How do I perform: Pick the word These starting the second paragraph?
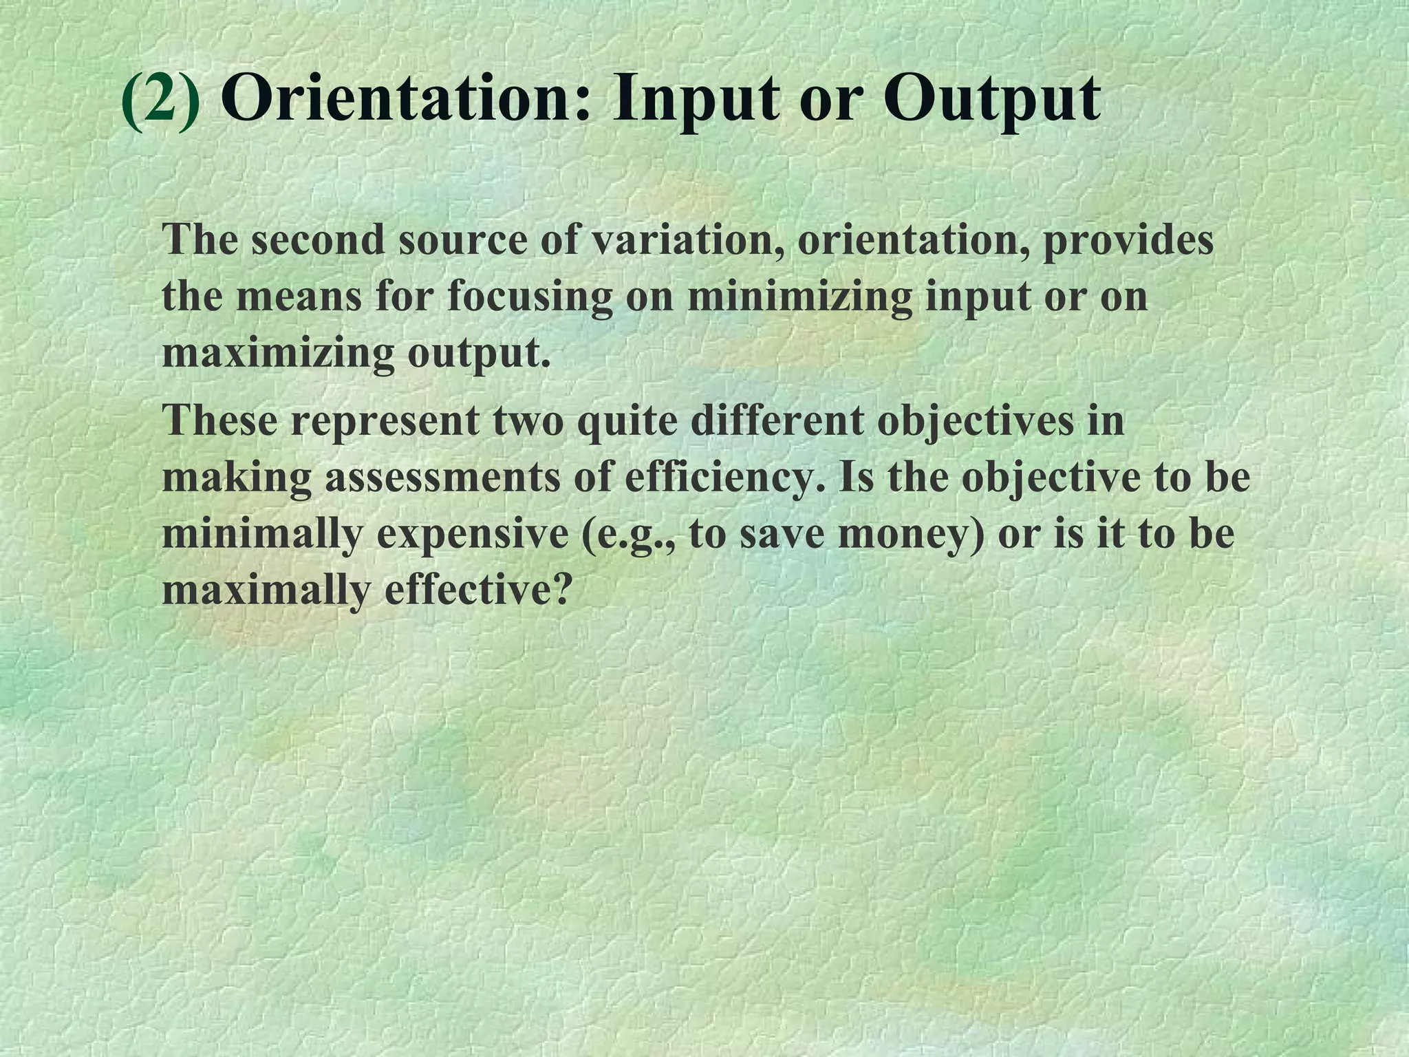[x=219, y=420]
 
